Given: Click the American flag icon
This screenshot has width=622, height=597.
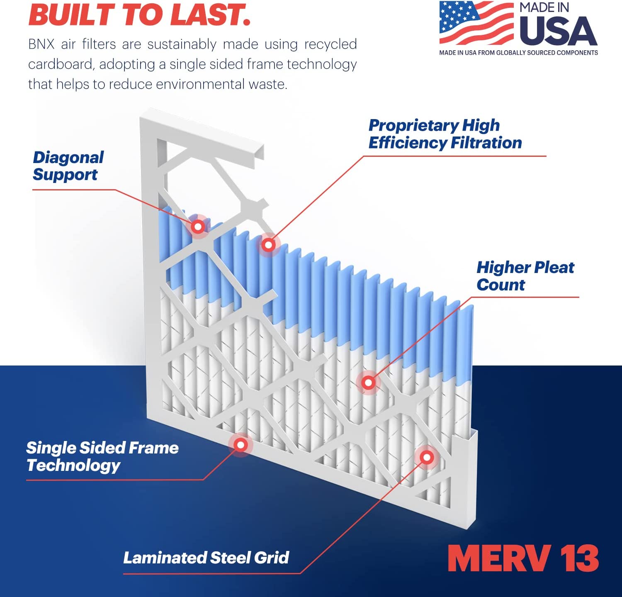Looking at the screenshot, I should tap(476, 23).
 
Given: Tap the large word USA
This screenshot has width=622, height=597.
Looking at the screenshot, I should tap(558, 31).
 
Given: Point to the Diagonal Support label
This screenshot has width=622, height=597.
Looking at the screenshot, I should tap(68, 166).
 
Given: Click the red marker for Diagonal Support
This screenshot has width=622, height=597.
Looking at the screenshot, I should tap(198, 227).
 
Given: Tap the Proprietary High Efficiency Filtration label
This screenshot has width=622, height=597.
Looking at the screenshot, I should tap(445, 134).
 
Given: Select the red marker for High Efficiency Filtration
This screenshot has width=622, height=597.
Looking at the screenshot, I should tap(269, 245).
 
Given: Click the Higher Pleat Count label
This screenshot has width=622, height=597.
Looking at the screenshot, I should tap(525, 276).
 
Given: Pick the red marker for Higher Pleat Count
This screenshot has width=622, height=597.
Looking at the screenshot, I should tap(368, 382).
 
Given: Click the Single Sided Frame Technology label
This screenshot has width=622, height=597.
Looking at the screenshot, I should tap(102, 456).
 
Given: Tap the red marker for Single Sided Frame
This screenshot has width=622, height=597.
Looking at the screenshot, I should tap(241, 445).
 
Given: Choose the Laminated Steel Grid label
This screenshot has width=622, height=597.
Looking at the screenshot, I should tap(206, 558).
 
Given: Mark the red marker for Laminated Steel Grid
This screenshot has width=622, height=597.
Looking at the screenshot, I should tap(427, 457).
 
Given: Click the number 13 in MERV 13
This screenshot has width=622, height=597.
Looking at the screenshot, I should tap(579, 558).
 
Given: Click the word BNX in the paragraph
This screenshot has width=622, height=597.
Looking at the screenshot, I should tap(41, 44).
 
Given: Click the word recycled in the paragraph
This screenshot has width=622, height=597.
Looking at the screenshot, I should tap(330, 44).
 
